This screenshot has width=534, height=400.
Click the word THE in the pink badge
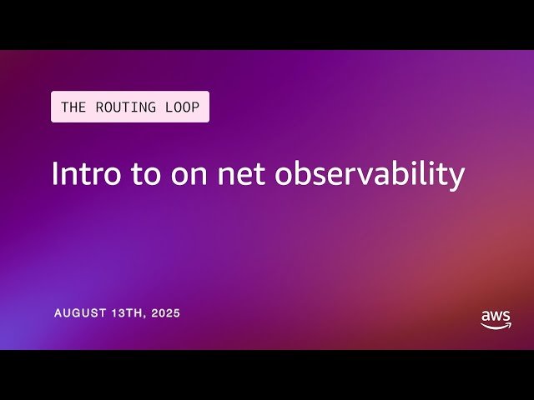click(73, 107)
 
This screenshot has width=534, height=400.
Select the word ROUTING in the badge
click(120, 107)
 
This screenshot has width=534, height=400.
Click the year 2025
click(165, 313)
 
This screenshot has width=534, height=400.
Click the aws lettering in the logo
click(496, 317)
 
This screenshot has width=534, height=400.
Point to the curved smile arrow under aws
click(496, 326)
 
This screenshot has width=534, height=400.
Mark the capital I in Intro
click(54, 173)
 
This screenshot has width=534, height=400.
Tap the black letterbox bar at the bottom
click(267, 375)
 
